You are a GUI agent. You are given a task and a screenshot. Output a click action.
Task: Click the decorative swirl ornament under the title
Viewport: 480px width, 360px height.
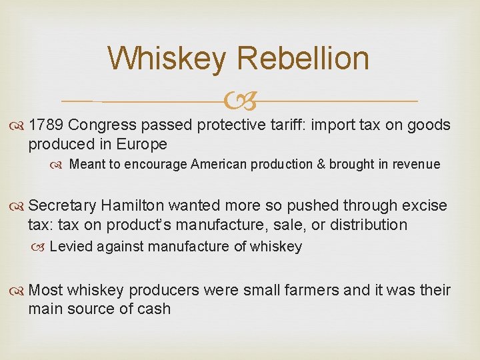pos(240,101)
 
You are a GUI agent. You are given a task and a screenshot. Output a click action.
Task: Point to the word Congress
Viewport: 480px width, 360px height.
pos(102,125)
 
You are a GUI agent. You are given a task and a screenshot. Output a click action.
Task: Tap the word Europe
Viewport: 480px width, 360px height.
pos(143,144)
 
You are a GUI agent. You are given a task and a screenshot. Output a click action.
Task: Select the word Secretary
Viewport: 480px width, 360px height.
pos(63,205)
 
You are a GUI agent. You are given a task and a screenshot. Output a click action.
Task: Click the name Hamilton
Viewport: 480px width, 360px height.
pos(137,205)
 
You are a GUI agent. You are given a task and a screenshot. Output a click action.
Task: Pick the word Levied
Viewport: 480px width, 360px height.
pos(70,247)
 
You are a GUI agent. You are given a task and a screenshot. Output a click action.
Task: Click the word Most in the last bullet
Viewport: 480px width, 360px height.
pos(45,290)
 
